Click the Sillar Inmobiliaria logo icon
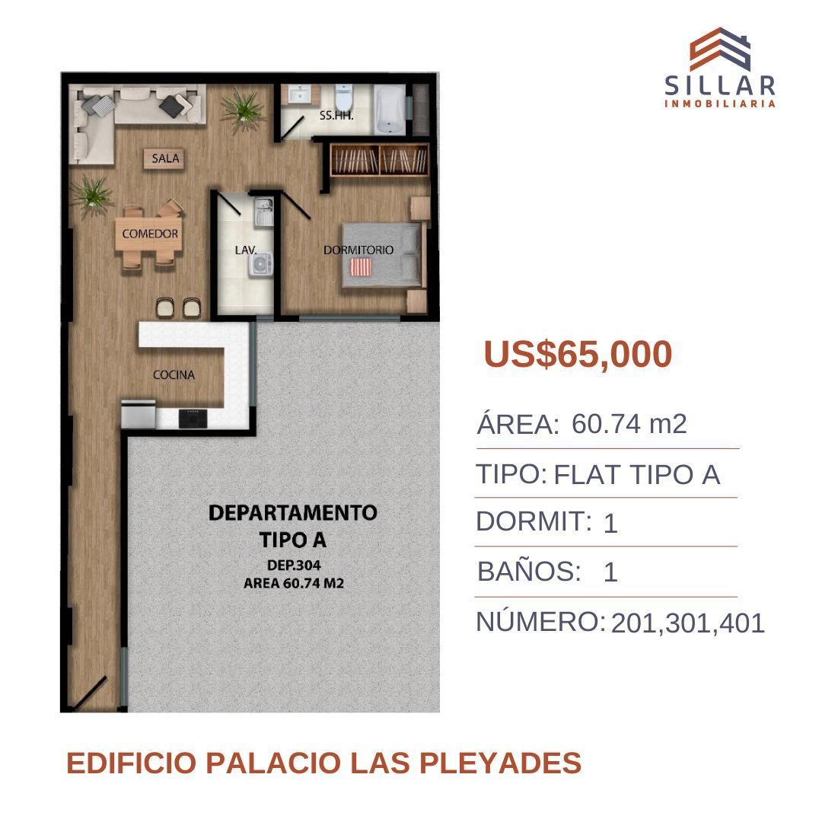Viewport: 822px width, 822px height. click(719, 49)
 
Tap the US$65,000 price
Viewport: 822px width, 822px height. click(578, 355)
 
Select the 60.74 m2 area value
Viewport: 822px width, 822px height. click(629, 424)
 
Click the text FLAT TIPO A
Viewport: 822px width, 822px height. click(636, 475)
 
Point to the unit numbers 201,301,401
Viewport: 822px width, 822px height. click(687, 623)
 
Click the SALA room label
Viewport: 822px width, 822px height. click(165, 158)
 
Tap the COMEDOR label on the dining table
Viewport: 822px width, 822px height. click(150, 234)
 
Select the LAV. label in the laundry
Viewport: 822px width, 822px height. click(246, 249)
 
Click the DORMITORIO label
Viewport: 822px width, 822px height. click(358, 250)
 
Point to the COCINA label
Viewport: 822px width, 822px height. click(174, 374)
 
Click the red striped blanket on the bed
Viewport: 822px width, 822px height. click(360, 267)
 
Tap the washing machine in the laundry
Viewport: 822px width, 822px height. click(263, 264)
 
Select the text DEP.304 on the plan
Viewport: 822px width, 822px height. click(295, 566)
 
